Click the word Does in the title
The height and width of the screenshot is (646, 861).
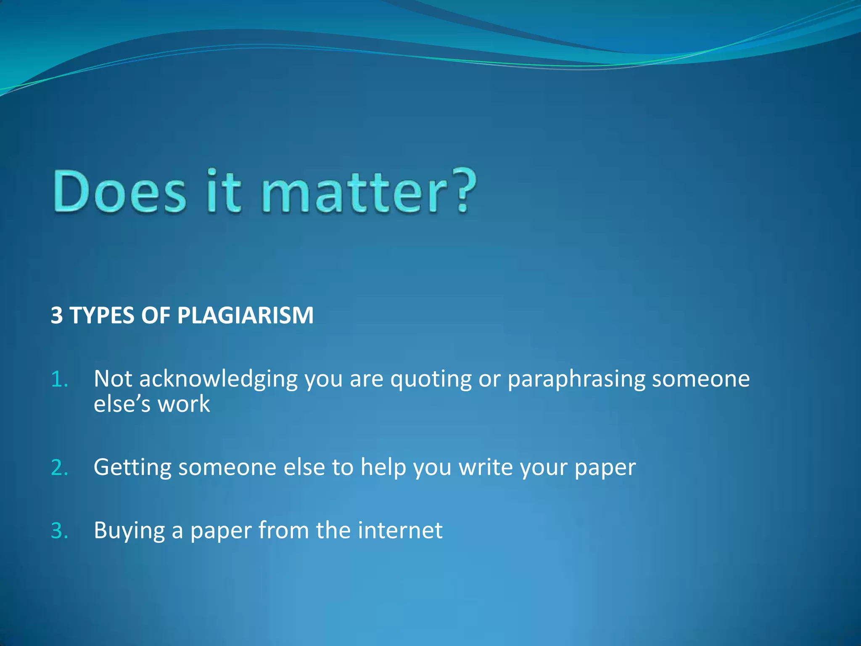point(119,191)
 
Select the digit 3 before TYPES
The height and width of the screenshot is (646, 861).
point(57,315)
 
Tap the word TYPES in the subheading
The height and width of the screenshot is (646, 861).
point(102,315)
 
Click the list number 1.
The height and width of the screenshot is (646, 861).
point(59,379)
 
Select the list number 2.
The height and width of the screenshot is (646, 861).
point(59,468)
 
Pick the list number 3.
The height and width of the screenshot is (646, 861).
point(59,531)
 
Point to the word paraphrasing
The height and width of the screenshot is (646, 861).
point(576,379)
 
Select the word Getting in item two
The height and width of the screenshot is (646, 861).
point(132,468)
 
